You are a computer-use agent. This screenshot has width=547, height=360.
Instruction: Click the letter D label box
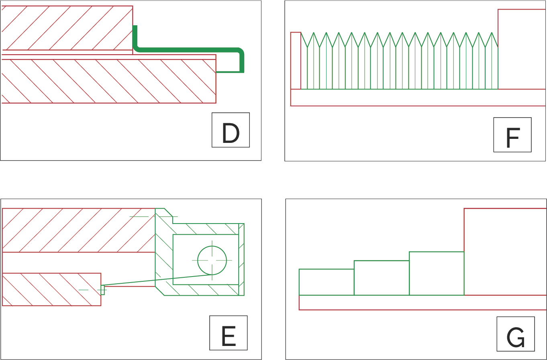point(231,130)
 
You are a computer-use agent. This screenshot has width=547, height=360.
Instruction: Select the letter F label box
point(512,135)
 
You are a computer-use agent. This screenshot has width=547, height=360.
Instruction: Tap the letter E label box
point(228,333)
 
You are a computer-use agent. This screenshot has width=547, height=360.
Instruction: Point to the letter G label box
point(515,334)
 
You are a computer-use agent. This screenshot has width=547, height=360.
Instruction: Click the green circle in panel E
point(212,260)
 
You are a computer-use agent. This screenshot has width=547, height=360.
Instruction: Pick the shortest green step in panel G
point(326,282)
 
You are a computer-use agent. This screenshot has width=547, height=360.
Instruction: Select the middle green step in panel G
point(381,278)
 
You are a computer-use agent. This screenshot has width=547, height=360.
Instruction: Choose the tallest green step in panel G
point(436,273)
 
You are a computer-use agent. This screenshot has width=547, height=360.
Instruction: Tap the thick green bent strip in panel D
point(189,50)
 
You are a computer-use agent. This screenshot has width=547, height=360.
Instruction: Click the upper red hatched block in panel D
point(67,28)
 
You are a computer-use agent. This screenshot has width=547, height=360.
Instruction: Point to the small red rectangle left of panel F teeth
point(296,61)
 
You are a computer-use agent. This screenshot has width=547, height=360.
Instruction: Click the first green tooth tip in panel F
point(307,33)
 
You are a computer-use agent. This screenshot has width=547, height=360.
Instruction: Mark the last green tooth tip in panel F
point(492,33)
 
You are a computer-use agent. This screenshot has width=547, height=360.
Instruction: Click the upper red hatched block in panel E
point(79,230)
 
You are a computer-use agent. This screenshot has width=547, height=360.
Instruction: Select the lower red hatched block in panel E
point(51,289)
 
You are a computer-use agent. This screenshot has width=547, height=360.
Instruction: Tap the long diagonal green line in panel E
point(157,280)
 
